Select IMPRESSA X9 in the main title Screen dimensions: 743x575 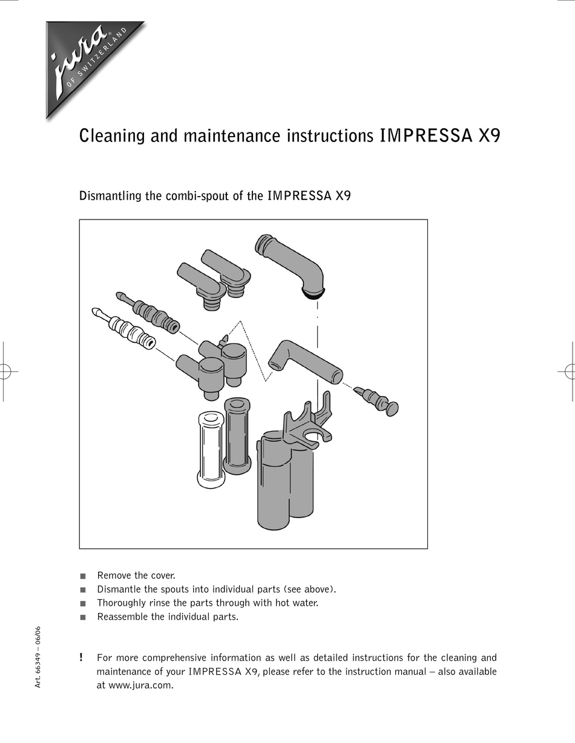click(439, 136)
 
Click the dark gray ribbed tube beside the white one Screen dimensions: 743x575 click(237, 435)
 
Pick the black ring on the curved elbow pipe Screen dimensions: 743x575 click(312, 296)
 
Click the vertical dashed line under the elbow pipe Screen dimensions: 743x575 click(317, 351)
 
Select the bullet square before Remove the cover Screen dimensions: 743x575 click(83, 576)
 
